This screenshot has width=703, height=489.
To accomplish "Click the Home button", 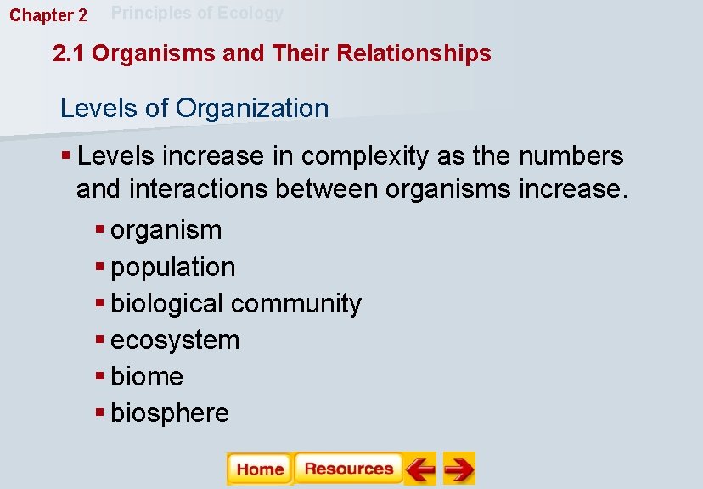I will click(x=260, y=469).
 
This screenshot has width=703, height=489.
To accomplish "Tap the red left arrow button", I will click(x=419, y=469).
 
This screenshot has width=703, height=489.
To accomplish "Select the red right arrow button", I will click(x=459, y=469).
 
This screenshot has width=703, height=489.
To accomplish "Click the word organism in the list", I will click(x=166, y=230).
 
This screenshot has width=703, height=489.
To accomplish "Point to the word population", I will click(x=173, y=267).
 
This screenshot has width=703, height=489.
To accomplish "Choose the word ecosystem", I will click(x=175, y=340).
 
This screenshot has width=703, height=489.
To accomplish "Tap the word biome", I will click(x=147, y=376).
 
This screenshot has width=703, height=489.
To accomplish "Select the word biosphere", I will click(x=170, y=413).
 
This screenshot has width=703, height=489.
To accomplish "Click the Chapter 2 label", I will click(x=48, y=15).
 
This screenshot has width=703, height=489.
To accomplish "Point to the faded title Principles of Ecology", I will click(x=198, y=13).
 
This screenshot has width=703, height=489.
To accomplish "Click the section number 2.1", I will click(x=69, y=53).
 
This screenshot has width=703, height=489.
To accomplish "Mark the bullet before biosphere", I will click(x=100, y=413).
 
